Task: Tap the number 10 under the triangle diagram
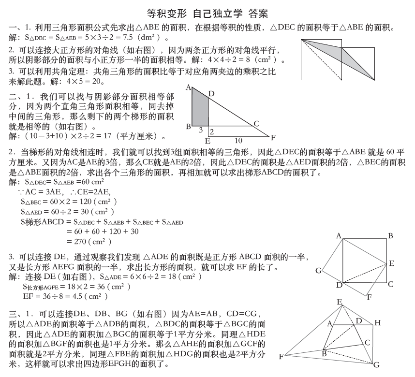click(x=238, y=140)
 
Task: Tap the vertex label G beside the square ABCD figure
click(x=318, y=271)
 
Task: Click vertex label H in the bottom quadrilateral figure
click(x=377, y=322)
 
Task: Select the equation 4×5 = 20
click(x=85, y=82)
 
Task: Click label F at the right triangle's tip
click(x=273, y=137)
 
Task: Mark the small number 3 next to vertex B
click(x=201, y=130)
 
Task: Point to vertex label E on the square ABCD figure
click(x=391, y=263)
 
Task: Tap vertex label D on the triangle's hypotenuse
click(x=211, y=93)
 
